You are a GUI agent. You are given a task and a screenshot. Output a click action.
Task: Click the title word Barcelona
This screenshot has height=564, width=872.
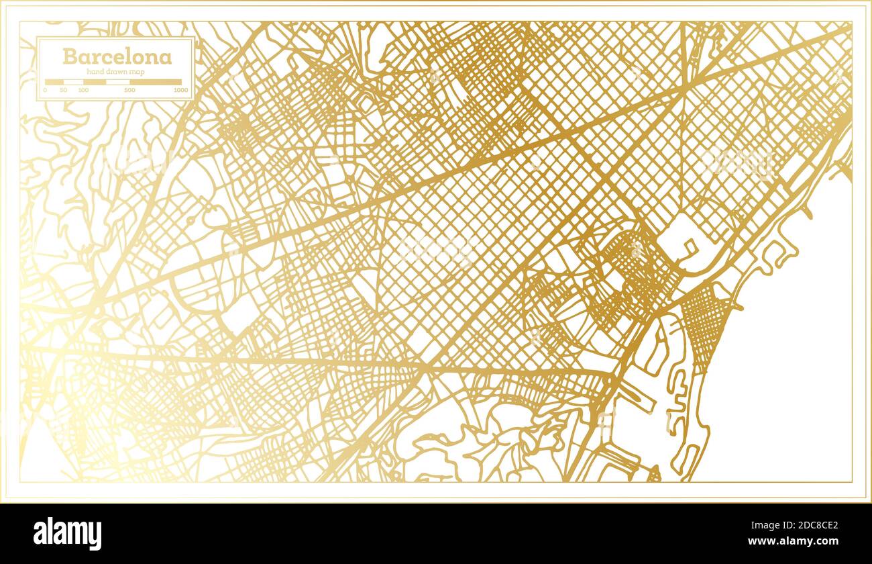pyautogui.click(x=117, y=56)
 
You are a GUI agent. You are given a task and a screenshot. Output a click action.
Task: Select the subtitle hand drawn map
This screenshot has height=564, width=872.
pyautogui.click(x=117, y=71)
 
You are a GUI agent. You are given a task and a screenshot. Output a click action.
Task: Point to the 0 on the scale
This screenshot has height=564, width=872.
pyautogui.click(x=46, y=90)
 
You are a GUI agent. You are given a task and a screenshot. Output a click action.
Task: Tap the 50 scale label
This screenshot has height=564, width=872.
pyautogui.click(x=63, y=90)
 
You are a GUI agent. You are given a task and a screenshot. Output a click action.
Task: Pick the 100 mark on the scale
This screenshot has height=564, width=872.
pyautogui.click(x=83, y=90)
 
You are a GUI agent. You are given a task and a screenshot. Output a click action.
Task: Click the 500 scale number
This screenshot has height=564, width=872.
pyautogui.click(x=129, y=90)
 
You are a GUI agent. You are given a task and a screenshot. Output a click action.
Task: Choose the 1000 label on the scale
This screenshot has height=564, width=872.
pyautogui.click(x=180, y=90)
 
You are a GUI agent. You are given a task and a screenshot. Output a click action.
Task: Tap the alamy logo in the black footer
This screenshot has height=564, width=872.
pyautogui.click(x=67, y=534)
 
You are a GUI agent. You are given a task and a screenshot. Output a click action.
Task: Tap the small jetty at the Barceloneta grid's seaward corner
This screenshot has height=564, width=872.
pyautogui.click(x=738, y=308)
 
